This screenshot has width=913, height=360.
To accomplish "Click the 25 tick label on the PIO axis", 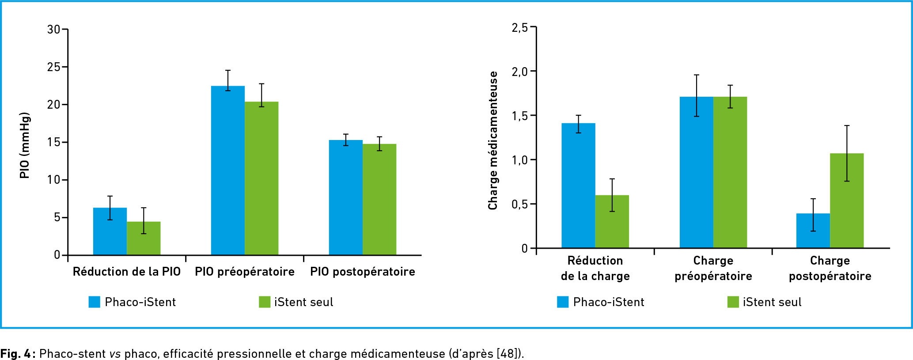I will point(53,67).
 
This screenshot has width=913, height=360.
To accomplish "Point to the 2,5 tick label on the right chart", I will point(519,28).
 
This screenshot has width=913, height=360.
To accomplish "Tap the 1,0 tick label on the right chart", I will point(519,160).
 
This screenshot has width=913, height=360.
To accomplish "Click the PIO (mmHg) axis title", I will point(25,145).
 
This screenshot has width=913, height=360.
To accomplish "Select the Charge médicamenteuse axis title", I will point(492,140).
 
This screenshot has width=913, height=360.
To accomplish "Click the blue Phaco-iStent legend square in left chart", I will point(95,302).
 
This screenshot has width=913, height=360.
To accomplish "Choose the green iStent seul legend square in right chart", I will point(733,302).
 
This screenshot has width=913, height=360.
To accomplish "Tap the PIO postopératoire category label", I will point(362,272).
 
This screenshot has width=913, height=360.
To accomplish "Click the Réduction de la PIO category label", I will point(127,272).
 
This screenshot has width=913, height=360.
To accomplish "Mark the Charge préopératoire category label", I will point(713,268).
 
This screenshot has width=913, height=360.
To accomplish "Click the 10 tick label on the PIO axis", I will point(53,180).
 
